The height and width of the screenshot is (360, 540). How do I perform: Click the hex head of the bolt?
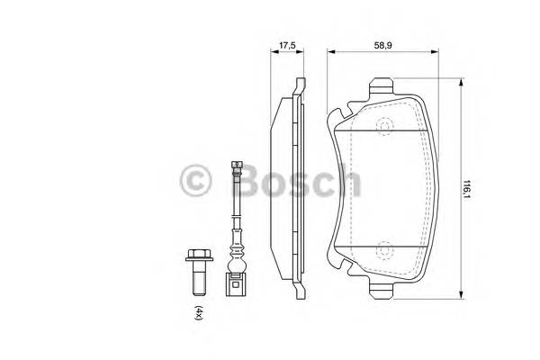196,257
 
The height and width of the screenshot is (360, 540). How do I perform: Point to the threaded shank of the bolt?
196,282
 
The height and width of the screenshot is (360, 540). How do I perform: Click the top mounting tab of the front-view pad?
382,86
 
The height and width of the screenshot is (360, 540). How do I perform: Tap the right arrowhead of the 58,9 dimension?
434,51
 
